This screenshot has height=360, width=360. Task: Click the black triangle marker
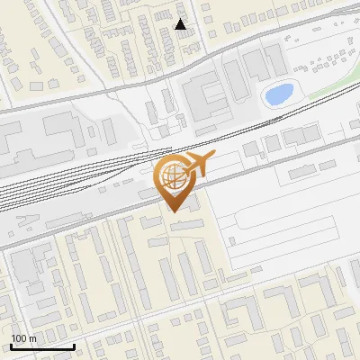pyautogui.click(x=181, y=24)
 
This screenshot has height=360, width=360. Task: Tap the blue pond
pyautogui.click(x=278, y=93)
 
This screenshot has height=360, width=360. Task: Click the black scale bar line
pyautogui.click(x=42, y=347)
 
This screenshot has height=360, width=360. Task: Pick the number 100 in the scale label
pyautogui.click(x=19, y=338)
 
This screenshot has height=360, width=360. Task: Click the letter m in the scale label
pyautogui.click(x=31, y=338)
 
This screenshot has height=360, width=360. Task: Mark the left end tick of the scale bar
pyautogui.click(x=11, y=346)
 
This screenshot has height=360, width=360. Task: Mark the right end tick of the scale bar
pyautogui.click(x=74, y=346)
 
